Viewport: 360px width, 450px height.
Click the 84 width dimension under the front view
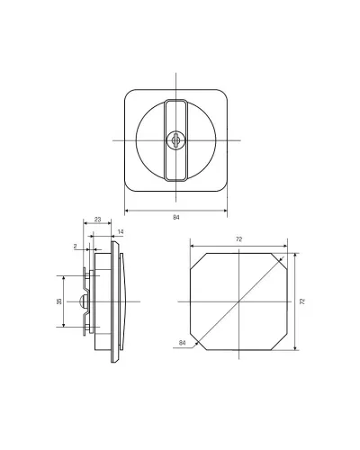176,217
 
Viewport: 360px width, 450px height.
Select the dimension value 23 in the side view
98,220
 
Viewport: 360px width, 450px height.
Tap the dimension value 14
121,231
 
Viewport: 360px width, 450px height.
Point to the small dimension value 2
76,246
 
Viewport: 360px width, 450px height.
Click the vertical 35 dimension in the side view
59,301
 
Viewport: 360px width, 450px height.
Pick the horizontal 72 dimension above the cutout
238,239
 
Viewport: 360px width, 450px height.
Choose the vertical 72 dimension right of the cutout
302,301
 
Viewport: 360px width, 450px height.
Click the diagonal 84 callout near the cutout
182,343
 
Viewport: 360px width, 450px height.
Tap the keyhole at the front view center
175,140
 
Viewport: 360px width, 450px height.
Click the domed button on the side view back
83,301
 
